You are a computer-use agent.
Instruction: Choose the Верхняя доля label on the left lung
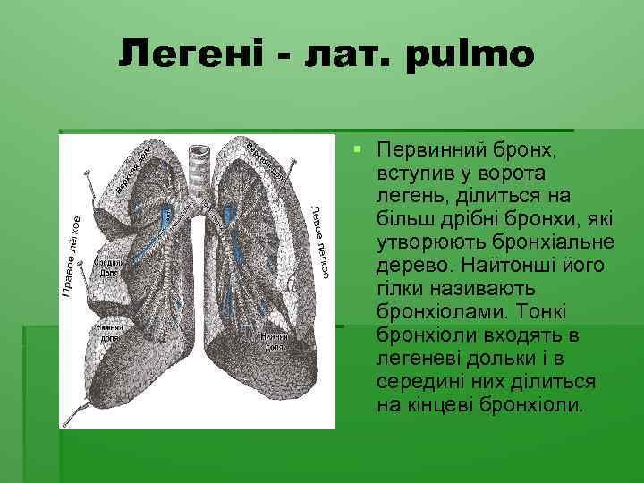pos(267,159)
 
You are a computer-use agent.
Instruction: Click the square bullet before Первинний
pos(356,146)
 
